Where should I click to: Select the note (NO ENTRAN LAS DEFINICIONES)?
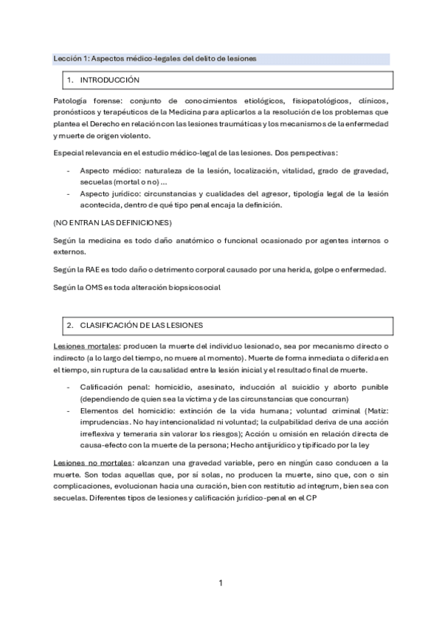(113, 222)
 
